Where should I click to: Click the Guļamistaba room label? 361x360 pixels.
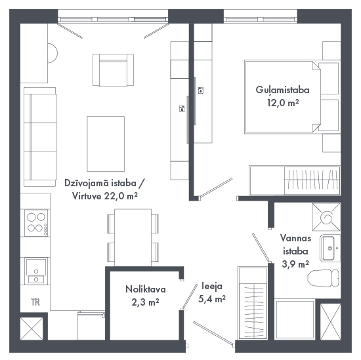point(282,90)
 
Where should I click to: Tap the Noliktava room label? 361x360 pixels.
point(146,289)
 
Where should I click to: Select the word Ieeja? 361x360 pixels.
point(212,286)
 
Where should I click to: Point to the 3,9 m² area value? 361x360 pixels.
point(295,264)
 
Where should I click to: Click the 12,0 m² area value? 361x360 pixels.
point(283,102)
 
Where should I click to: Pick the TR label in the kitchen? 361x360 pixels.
point(35,302)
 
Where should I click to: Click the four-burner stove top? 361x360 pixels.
point(36,223)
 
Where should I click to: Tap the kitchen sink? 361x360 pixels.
point(36,271)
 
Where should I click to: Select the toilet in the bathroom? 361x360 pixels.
point(323,278)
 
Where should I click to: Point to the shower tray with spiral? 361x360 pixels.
point(326,217)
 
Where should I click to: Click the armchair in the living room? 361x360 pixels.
point(114,70)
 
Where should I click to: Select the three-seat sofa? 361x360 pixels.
point(40,137)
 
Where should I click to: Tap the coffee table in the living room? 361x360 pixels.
point(106,144)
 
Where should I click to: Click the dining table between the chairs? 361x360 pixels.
point(133,237)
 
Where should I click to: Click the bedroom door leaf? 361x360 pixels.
point(216,188)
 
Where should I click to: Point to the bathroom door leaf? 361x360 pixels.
point(261,248)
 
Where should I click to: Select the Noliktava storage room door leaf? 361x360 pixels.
point(190,296)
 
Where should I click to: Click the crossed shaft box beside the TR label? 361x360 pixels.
point(32,329)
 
